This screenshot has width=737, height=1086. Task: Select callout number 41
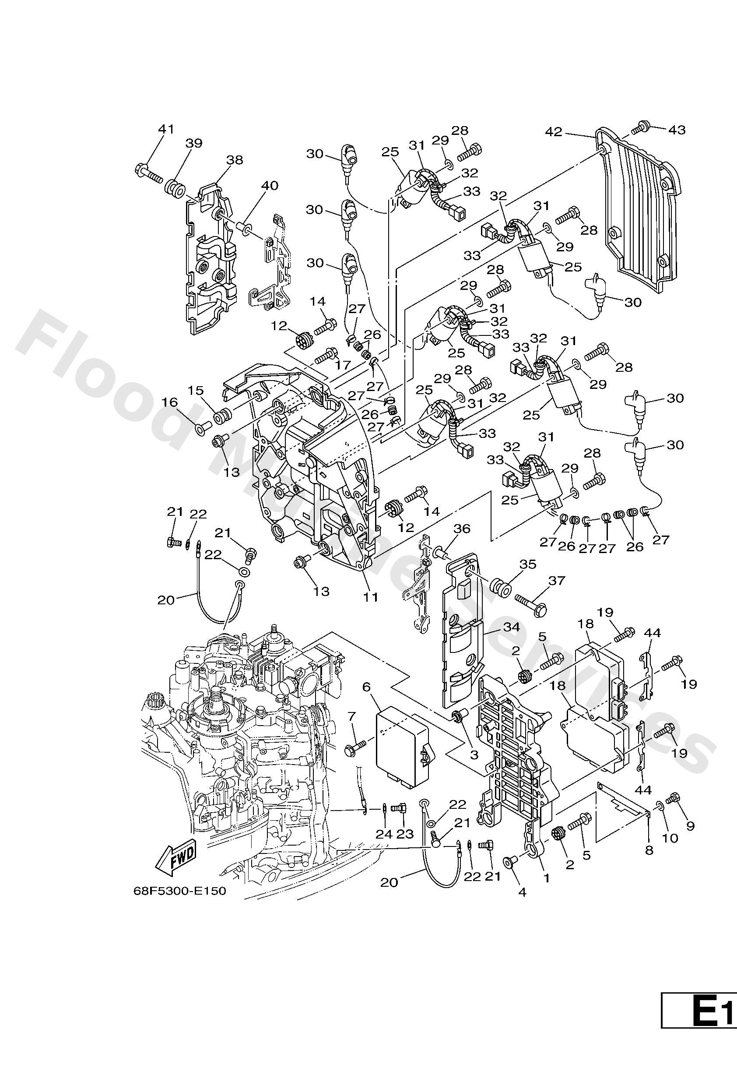point(166,129)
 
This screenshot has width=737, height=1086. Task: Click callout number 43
point(677,130)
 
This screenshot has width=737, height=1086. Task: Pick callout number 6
point(366,687)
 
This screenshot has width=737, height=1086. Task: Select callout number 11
point(371,597)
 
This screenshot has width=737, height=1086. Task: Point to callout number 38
point(235,160)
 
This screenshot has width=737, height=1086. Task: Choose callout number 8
point(649,850)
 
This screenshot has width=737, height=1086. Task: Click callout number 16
point(170,402)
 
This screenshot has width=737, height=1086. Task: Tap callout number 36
point(462,529)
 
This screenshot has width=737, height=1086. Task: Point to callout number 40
point(270,186)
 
